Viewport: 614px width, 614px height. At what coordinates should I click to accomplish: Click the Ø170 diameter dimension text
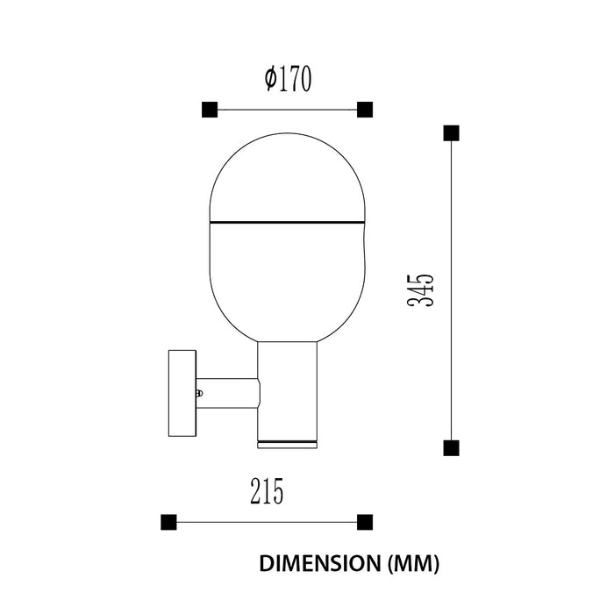(289, 78)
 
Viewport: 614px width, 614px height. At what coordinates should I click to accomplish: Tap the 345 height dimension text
(420, 289)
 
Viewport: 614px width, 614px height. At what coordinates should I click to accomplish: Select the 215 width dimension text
(267, 491)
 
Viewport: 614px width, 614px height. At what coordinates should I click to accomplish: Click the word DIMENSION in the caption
(320, 563)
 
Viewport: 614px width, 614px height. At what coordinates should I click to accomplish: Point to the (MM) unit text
(413, 564)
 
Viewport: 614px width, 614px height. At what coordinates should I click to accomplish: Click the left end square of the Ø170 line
(210, 110)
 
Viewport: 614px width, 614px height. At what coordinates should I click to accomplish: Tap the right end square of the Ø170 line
(365, 110)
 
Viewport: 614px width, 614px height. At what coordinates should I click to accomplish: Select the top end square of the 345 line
(451, 133)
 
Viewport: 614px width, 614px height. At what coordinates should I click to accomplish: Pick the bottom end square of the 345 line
(451, 448)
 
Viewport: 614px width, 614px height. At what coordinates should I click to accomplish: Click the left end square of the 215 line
(168, 523)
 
